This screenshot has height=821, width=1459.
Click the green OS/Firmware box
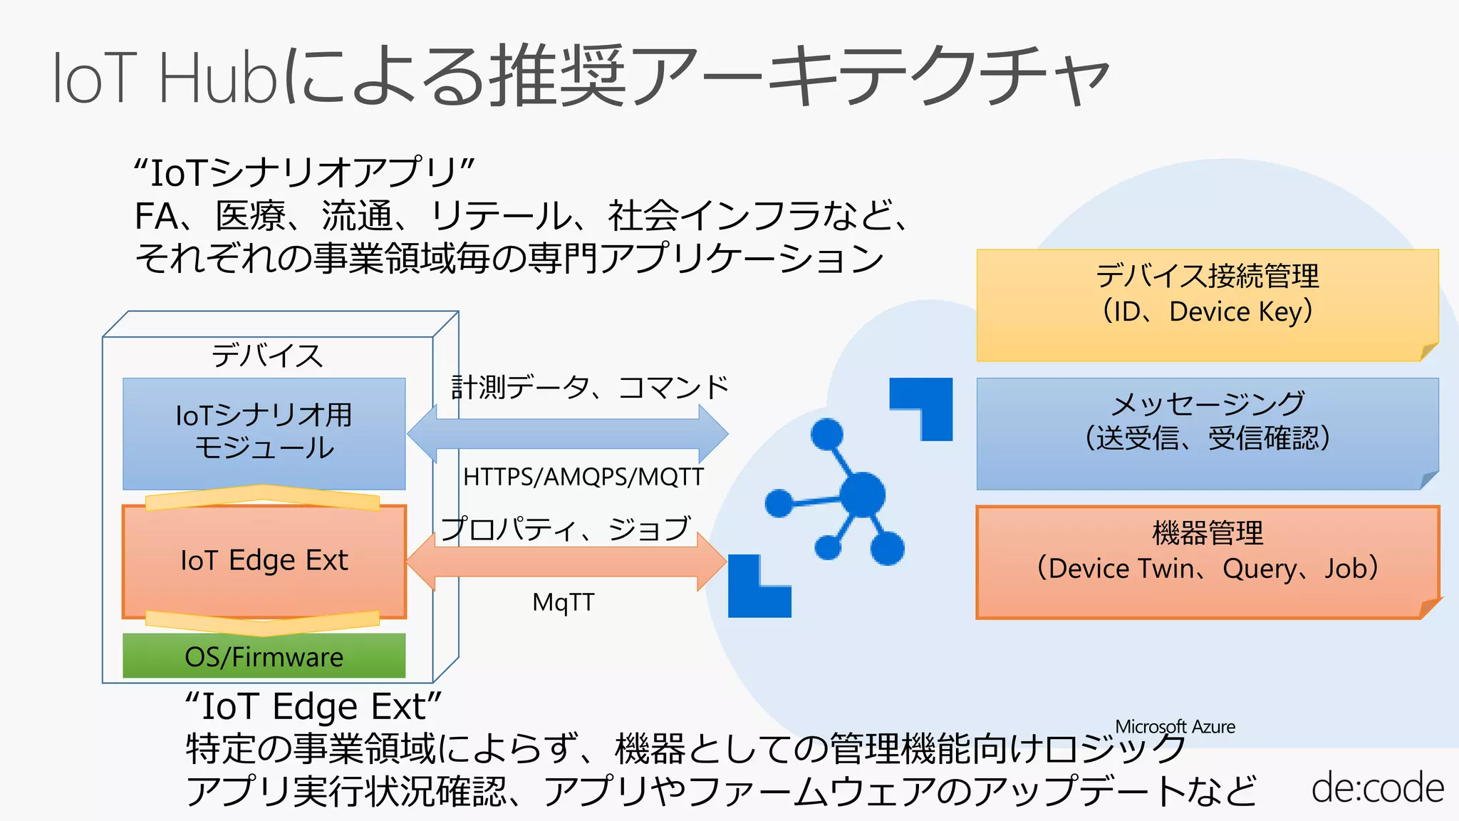[x=264, y=656]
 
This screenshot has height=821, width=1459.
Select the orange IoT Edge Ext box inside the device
[x=264, y=561]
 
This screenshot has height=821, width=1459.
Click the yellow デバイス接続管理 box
[x=1207, y=305]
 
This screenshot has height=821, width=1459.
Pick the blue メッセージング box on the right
[x=1207, y=433]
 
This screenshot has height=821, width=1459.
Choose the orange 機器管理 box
[x=1207, y=562]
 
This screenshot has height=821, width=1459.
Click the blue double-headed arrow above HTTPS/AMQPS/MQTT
[x=568, y=433]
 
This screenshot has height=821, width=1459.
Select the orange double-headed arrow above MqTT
[x=566, y=562]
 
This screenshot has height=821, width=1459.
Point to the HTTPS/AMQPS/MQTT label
[x=583, y=477]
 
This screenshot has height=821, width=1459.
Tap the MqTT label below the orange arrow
[x=563, y=603]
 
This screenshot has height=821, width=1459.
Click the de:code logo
[x=1377, y=788]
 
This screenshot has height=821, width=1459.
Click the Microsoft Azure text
[x=1175, y=727]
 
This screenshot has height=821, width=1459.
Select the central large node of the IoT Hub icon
[x=862, y=494]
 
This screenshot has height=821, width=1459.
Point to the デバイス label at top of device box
[x=267, y=355]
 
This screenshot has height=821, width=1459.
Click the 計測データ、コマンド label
[x=590, y=388]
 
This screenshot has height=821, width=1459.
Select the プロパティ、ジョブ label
[x=565, y=529]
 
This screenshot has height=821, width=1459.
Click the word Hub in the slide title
[x=219, y=78]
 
